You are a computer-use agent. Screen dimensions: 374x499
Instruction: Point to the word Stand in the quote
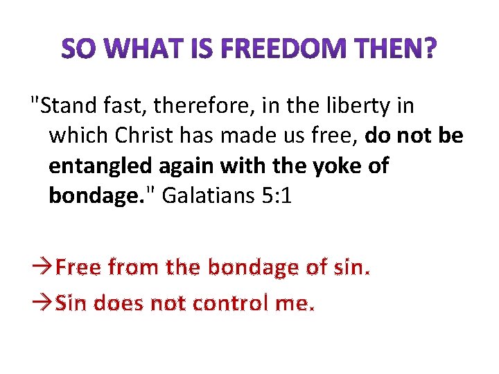coord(63,106)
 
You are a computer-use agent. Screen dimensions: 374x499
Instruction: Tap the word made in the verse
coord(238,136)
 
